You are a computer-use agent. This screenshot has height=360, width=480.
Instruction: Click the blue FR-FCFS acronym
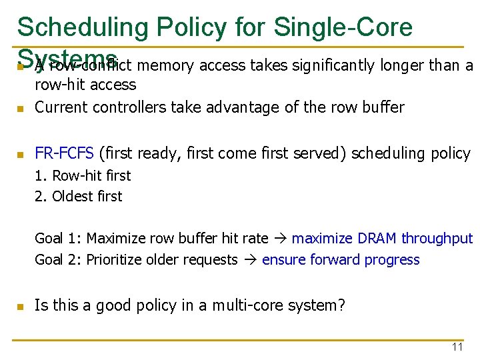64,153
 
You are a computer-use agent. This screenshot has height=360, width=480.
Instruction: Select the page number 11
457,347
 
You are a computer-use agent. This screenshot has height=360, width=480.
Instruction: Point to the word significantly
337,65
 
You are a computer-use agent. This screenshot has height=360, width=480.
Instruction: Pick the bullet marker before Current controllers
21,108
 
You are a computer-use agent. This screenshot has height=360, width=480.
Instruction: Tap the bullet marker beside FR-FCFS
21,155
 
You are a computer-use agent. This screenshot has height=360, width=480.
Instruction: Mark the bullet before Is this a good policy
21,307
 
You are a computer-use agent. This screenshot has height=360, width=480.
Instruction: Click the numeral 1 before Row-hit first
39,176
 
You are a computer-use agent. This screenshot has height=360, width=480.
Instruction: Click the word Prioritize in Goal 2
114,260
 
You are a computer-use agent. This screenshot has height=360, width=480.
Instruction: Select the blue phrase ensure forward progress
341,260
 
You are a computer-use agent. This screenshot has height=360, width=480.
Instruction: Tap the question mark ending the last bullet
341,306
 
